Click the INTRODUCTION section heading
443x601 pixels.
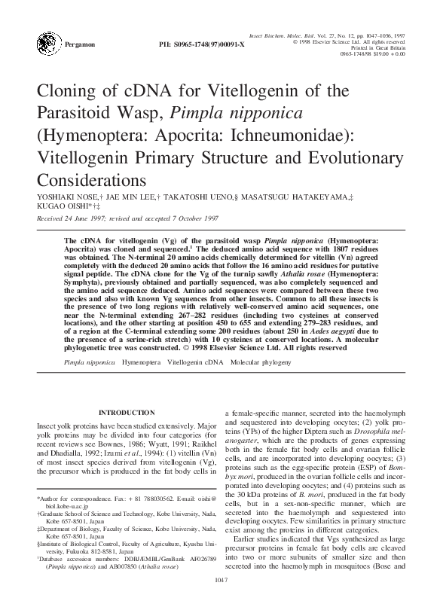coord(127,413)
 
